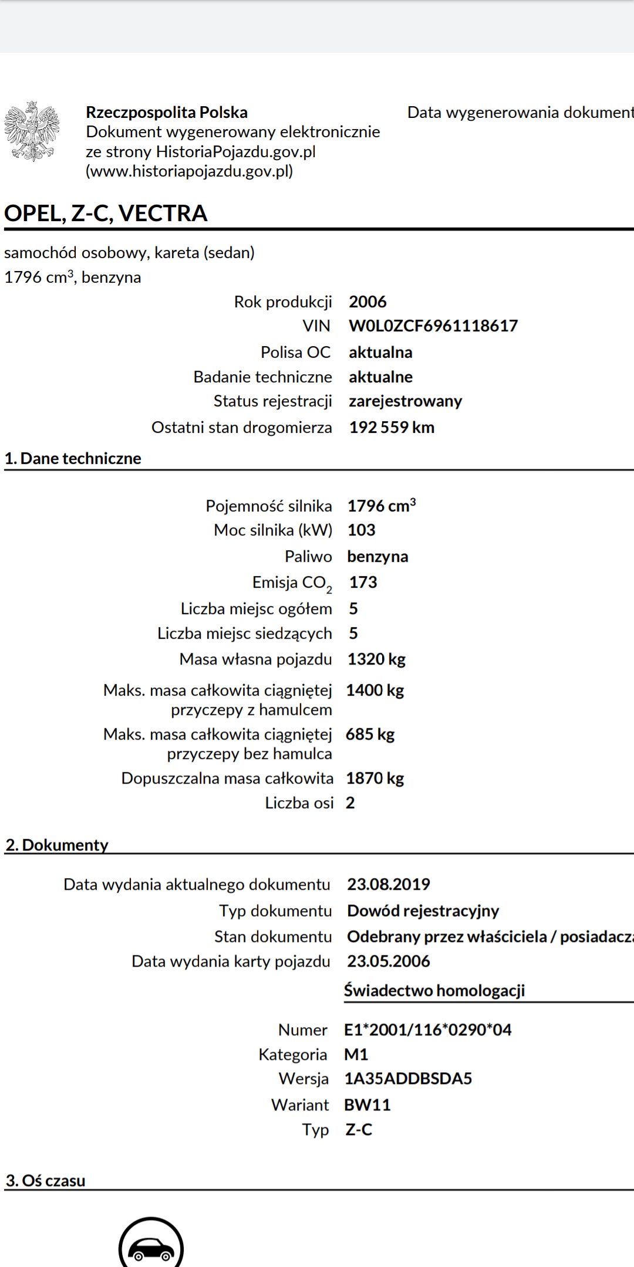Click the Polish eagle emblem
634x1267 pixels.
[x=32, y=131]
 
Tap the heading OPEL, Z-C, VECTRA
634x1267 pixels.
[x=106, y=213]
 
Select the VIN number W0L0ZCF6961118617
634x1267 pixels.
[x=433, y=326]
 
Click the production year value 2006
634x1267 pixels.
[x=367, y=302]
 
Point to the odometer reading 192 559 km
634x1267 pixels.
[x=392, y=428]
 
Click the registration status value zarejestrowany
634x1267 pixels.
[x=405, y=401]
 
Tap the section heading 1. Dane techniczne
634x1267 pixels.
[x=73, y=459]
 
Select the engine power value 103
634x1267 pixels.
[x=361, y=530]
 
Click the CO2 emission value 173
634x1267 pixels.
[x=363, y=582]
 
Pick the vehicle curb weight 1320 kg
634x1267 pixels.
[x=376, y=659]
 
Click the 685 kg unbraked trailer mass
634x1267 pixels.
[x=370, y=734]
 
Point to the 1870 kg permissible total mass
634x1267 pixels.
[x=375, y=778]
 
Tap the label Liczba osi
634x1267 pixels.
[x=299, y=803]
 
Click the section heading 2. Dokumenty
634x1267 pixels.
[x=57, y=845]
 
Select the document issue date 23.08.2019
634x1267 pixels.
[x=389, y=885]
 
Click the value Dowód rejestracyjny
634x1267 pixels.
[x=423, y=911]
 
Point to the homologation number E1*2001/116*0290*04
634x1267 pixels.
[x=427, y=1030]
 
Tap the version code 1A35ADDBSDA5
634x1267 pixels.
[x=408, y=1079]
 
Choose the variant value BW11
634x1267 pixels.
[x=367, y=1105]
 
